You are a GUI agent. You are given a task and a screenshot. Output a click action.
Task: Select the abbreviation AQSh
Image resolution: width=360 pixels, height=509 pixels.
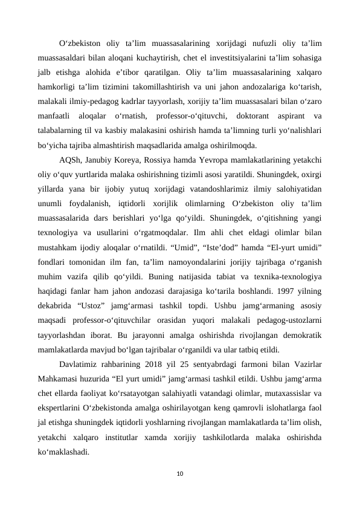coord(70,160)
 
